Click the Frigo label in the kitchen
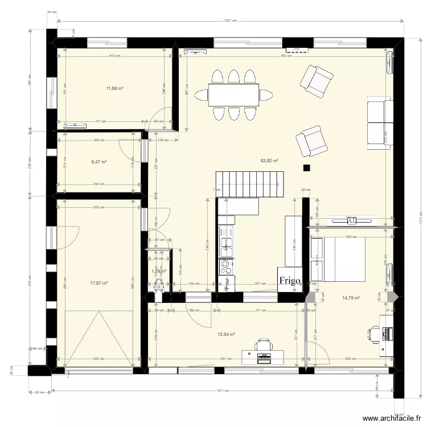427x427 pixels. click(290, 281)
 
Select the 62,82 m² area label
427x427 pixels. click(269, 161)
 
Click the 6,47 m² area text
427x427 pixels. click(99, 162)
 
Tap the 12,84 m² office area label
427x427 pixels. click(227, 335)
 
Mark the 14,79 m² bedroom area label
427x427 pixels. click(351, 297)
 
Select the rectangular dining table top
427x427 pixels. click(233, 95)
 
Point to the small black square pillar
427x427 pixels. click(307, 168)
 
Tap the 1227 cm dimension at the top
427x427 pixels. click(230, 21)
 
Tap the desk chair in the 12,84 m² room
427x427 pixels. click(263, 345)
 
